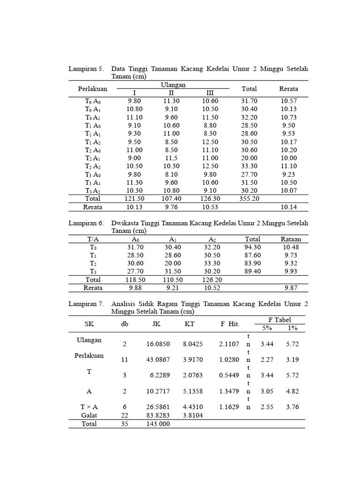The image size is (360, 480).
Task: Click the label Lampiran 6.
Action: click(x=86, y=223)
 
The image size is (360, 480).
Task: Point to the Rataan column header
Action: click(x=291, y=239)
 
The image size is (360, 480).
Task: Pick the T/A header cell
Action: click(x=93, y=239)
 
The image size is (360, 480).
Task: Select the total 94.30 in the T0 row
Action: click(x=252, y=247)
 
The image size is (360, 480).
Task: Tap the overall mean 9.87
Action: click(x=291, y=288)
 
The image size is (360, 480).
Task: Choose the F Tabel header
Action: click(x=279, y=320)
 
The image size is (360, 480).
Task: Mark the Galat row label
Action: click(x=89, y=415)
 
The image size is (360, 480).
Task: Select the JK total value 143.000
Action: click(x=157, y=424)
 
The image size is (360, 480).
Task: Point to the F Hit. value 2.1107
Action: click(x=229, y=344)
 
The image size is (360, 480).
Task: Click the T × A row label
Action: click(x=89, y=407)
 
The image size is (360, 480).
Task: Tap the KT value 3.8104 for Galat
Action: click(x=193, y=415)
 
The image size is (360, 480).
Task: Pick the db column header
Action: click(x=124, y=324)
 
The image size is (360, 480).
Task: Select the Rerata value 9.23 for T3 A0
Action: click(x=289, y=174)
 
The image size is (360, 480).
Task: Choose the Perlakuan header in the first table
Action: click(x=92, y=89)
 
